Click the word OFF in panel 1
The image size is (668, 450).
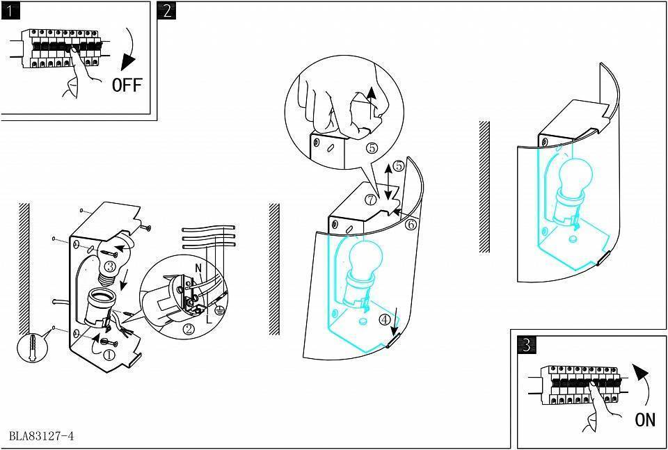pos(127,85)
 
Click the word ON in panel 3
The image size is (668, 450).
pos(645,420)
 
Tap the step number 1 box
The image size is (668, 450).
pos(10,10)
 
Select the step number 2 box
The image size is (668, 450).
pos(166,10)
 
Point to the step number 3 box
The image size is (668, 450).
pos(527,344)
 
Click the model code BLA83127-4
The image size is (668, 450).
pos(42,437)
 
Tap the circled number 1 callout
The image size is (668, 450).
pos(109,354)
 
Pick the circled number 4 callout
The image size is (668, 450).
pos(384,320)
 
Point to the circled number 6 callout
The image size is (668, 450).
pos(411,225)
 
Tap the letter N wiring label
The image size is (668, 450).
pos(198,268)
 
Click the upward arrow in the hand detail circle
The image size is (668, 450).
pos(372,99)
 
